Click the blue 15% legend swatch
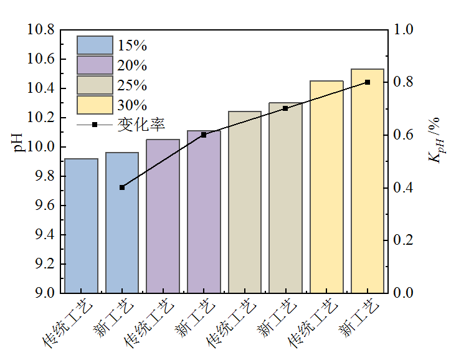(x=95, y=45)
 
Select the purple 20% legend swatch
(x=95, y=65)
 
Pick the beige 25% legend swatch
(x=95, y=85)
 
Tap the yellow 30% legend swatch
(x=95, y=105)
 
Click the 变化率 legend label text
(x=141, y=125)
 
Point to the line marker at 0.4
(x=122, y=187)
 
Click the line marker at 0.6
(x=204, y=135)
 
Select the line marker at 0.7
(x=285, y=108)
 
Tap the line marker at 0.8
(x=368, y=82)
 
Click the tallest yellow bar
(x=368, y=181)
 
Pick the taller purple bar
(x=204, y=212)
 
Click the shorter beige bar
(x=245, y=202)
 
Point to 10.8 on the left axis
(x=40, y=30)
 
